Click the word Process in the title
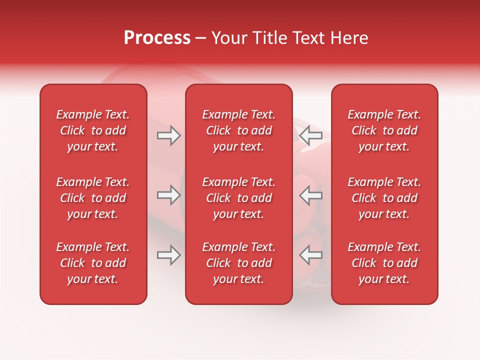pos(157,37)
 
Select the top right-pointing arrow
pos(169,135)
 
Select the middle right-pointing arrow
pos(169,195)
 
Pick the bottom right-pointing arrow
pos(169,255)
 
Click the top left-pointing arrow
pos(310,135)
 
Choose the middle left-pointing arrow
pos(310,195)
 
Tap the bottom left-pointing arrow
pos(310,255)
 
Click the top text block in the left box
pos(93,130)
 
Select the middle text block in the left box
pos(93,198)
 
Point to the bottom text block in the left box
pos(93,263)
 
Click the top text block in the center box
pos(238,130)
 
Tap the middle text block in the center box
pos(238,198)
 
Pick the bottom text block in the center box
pos(238,263)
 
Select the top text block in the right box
pos(384,130)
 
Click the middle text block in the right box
pos(384,198)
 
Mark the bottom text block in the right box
pos(384,263)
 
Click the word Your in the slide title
pos(227,38)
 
